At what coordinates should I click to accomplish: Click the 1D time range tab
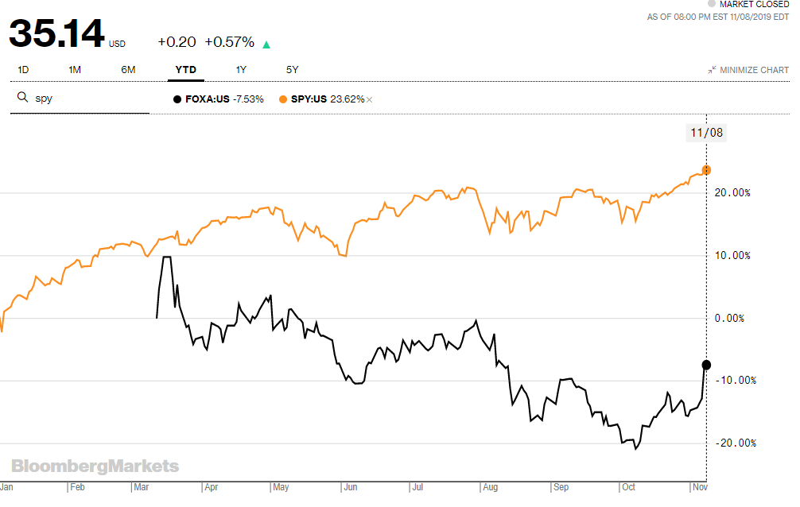23,70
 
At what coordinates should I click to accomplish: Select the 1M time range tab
75,70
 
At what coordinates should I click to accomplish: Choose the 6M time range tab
128,70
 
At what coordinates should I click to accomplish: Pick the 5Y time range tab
292,70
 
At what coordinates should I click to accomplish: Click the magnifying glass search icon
23,99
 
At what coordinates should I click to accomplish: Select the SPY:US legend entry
321,99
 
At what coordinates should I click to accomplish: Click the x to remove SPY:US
370,99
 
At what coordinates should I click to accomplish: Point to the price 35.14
56,34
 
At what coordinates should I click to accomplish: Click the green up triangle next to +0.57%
266,44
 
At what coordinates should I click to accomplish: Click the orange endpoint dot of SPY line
706,170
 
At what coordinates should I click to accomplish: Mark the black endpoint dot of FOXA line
706,365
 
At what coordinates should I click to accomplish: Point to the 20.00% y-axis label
732,193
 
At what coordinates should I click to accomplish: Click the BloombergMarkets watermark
95,466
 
